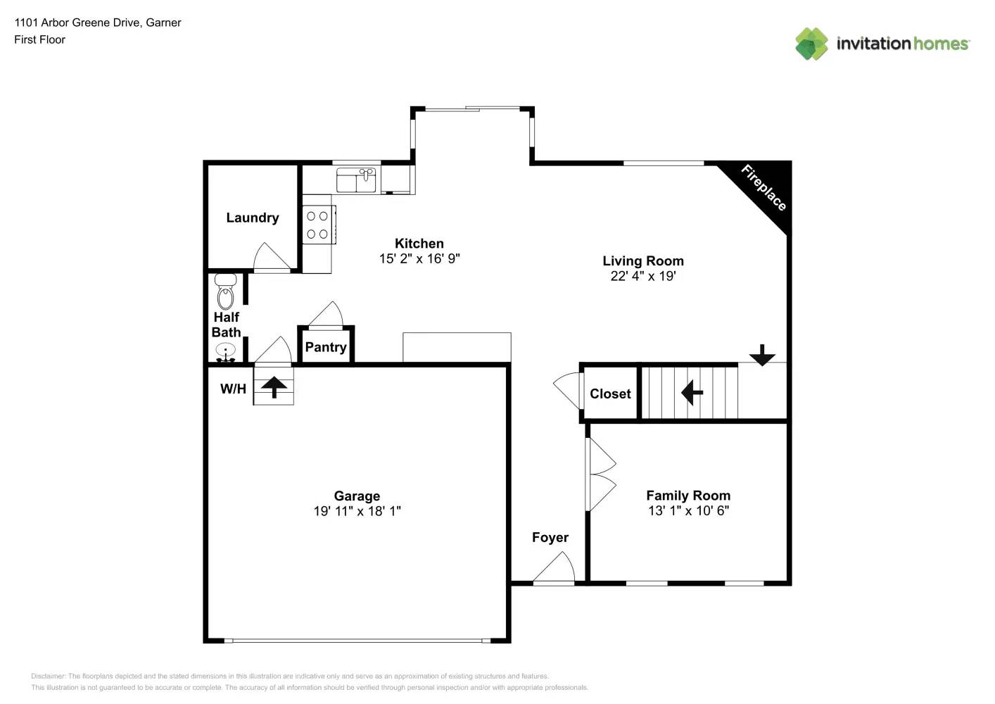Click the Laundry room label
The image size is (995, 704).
coord(252,218)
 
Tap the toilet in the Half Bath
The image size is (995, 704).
coord(225,291)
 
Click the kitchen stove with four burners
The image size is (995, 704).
coord(317,225)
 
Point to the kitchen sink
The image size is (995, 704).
coord(356,180)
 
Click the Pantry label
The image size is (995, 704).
coord(325,347)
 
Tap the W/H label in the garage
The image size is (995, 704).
coord(233,389)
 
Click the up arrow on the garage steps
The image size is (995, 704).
coord(274,386)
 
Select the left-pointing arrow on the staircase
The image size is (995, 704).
coord(692,392)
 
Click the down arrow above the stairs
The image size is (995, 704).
coord(761,355)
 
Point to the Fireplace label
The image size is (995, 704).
coord(763,187)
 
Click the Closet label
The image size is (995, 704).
coord(610,394)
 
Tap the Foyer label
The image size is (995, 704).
coord(550,537)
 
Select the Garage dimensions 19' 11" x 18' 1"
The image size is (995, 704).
coord(357,511)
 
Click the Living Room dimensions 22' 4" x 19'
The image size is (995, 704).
coord(642,276)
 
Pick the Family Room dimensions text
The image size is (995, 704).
coord(687,510)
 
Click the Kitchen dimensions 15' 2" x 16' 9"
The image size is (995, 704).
coord(419,258)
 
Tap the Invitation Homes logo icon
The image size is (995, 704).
coord(811,44)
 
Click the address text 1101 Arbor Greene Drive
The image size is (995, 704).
coord(97,23)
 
